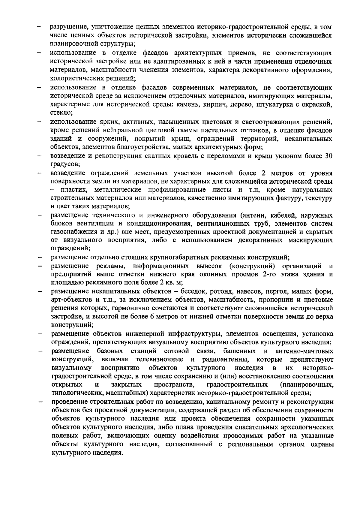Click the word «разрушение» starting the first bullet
click(67, 27)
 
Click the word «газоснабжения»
click(72, 232)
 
